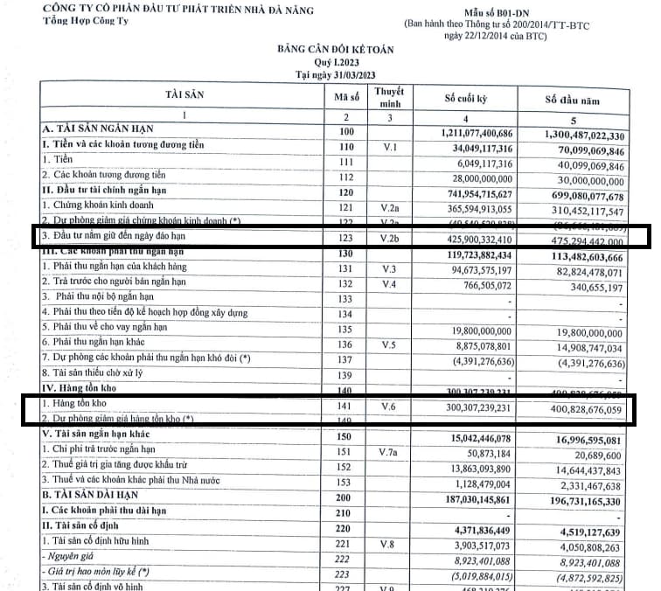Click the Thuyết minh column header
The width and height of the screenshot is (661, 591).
[x=388, y=95]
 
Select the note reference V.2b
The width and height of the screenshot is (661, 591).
[x=388, y=236]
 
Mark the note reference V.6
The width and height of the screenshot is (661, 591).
[x=388, y=407]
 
